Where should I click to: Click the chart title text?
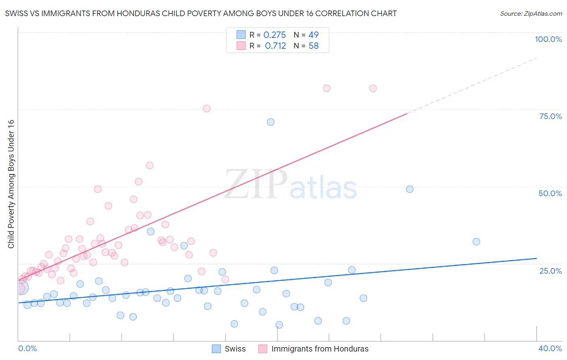pyautogui.click(x=201, y=13)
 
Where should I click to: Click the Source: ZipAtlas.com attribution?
pyautogui.click(x=531, y=13)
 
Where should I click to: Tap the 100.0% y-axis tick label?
pyautogui.click(x=548, y=39)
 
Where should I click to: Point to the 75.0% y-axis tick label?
pyautogui.click(x=550, y=116)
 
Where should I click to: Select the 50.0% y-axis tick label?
pyautogui.click(x=550, y=193)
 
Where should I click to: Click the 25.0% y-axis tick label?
pyautogui.click(x=550, y=270)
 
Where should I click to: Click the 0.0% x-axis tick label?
pyautogui.click(x=27, y=348)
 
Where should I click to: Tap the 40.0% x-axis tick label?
pyautogui.click(x=550, y=348)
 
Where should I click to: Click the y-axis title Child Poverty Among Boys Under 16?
pyautogui.click(x=11, y=184)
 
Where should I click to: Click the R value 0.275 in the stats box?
pyautogui.click(x=275, y=35)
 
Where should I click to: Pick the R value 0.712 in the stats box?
pyautogui.click(x=275, y=46)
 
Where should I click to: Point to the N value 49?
pyautogui.click(x=313, y=35)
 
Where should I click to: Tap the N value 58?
pyautogui.click(x=313, y=46)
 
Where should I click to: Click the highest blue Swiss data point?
pyautogui.click(x=271, y=122)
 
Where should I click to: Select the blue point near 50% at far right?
pyautogui.click(x=410, y=189)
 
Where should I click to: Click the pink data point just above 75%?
pyautogui.click(x=206, y=109)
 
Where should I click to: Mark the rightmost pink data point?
pyautogui.click(x=373, y=88)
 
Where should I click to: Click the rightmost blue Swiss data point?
pyautogui.click(x=476, y=242)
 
